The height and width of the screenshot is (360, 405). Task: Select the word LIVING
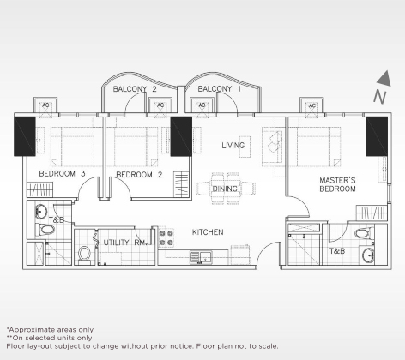tap(233, 146)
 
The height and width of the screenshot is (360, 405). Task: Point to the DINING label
tap(225, 189)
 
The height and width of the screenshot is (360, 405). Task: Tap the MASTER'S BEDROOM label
tap(337, 184)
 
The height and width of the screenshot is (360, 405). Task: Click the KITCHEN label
tap(208, 232)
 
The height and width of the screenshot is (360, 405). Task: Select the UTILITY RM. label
tap(124, 243)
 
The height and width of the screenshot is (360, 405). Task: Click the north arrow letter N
tap(378, 97)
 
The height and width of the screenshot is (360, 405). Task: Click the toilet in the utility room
tap(84, 255)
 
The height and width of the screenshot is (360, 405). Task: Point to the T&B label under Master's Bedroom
tap(337, 251)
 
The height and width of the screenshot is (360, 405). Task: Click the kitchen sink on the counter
tap(200, 255)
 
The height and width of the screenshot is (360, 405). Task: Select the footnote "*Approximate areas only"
tap(49, 329)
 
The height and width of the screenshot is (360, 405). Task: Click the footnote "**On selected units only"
tap(51, 338)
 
